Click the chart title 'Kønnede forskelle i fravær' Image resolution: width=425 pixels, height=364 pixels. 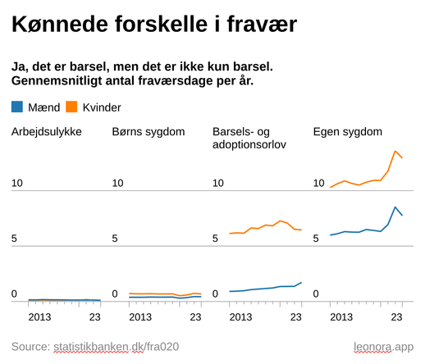click(x=153, y=25)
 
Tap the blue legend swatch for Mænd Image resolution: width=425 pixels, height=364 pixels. click(x=18, y=107)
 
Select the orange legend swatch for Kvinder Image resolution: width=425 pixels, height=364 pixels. click(x=71, y=107)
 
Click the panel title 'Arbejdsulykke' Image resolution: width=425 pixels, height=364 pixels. click(x=46, y=132)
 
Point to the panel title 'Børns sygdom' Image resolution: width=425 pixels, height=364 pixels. click(x=149, y=132)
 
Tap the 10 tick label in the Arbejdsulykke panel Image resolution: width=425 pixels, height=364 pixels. click(x=17, y=183)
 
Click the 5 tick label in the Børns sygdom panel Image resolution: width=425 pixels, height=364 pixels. click(x=116, y=239)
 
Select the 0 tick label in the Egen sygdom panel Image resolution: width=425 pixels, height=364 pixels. click(x=317, y=293)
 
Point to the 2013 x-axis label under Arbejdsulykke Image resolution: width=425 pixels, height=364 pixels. click(x=40, y=316)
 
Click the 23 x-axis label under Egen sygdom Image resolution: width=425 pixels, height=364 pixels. click(x=397, y=316)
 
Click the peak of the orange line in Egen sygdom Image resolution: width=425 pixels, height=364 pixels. click(x=395, y=152)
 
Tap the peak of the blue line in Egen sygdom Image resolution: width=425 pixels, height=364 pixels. click(x=395, y=207)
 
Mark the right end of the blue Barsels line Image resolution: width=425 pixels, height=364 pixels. click(x=302, y=282)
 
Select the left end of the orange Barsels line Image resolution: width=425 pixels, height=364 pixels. click(x=230, y=234)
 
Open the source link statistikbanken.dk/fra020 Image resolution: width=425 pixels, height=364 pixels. click(x=116, y=346)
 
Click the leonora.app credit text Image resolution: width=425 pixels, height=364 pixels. click(x=383, y=346)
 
